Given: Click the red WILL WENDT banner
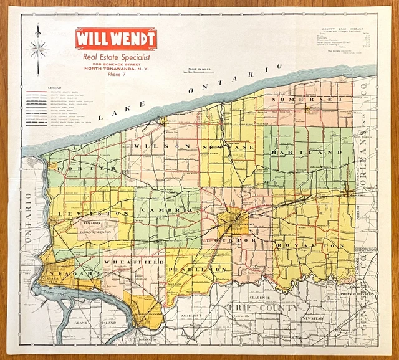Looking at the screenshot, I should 116,39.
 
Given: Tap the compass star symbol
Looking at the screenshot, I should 39,49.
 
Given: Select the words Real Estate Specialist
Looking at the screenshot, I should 116,57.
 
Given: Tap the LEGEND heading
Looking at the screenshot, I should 54,88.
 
